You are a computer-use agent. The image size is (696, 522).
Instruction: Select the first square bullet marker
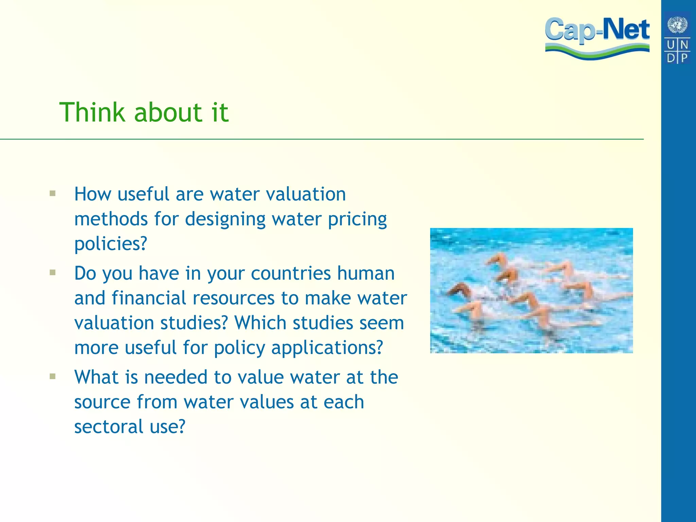[52, 194]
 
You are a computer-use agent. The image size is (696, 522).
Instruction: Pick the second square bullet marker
[52, 273]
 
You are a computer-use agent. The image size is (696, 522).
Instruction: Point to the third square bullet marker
[52, 376]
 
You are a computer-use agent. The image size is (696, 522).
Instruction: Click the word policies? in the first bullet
[111, 244]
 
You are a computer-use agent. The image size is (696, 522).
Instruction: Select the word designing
[225, 219]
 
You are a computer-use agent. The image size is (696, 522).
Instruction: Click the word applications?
[327, 348]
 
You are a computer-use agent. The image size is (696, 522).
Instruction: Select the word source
[102, 402]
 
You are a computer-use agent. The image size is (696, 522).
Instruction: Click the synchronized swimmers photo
[531, 291]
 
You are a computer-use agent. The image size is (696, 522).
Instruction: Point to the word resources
[233, 298]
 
